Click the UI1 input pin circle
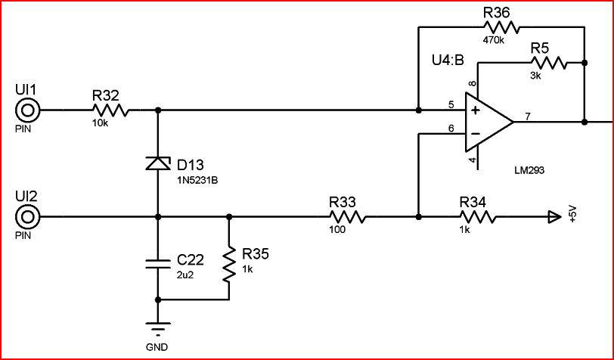(27, 110)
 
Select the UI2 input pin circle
(27, 216)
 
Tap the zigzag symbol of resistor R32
(111, 110)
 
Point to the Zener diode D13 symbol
(158, 163)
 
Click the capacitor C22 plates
(158, 264)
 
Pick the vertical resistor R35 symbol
(229, 264)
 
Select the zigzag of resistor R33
(348, 216)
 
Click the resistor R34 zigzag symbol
(477, 216)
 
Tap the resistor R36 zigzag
(501, 27)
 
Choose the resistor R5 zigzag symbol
(549, 63)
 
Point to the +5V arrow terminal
(554, 216)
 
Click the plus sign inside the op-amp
(476, 110)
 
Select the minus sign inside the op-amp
(476, 134)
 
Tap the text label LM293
(529, 170)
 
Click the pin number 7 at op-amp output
(528, 116)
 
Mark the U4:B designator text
(448, 61)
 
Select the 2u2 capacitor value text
(185, 275)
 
